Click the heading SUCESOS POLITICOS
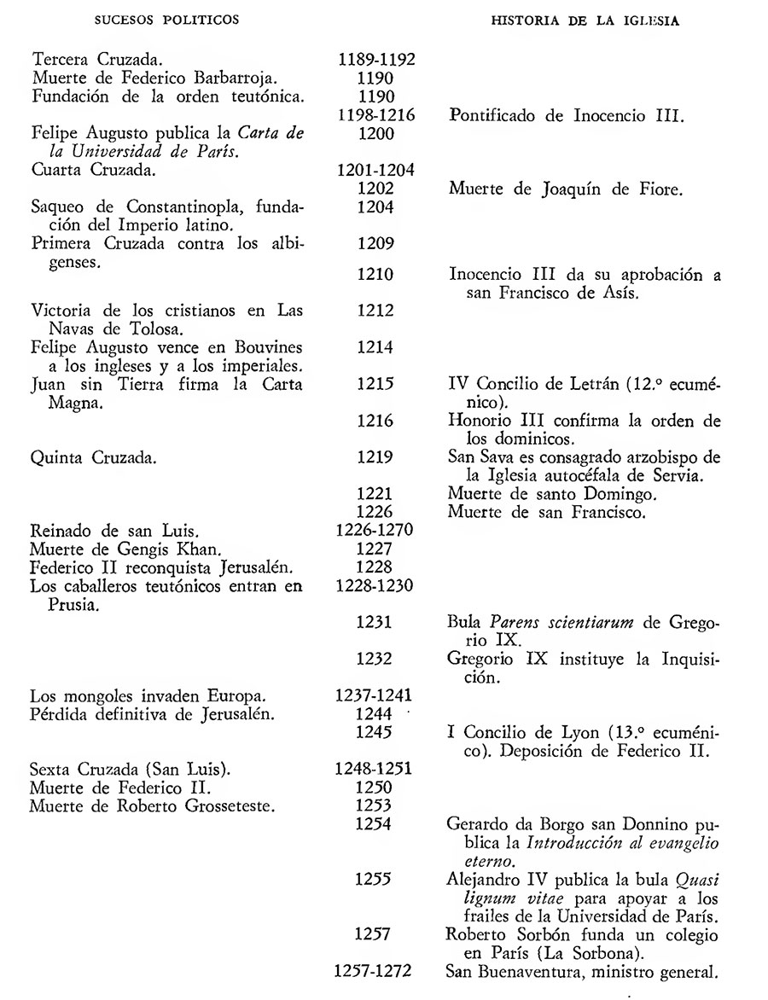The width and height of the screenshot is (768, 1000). [167, 20]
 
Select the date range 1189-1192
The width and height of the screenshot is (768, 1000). [376, 61]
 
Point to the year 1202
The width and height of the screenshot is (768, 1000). [376, 189]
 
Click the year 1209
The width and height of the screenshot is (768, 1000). [376, 245]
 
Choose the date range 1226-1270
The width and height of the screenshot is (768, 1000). [376, 532]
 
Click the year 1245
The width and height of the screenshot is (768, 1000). [376, 732]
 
